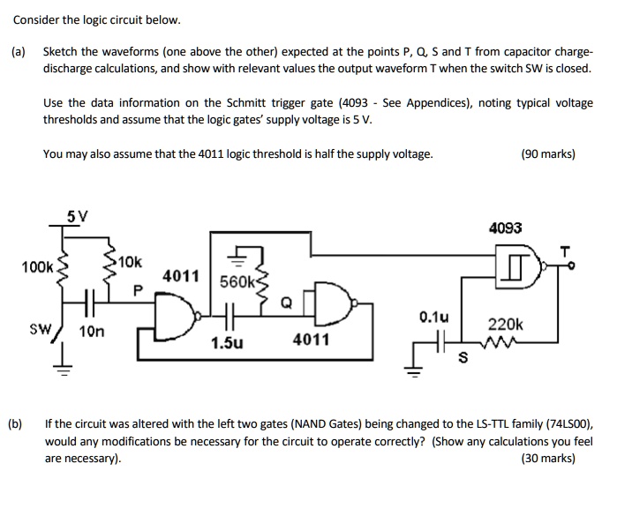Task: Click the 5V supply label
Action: tap(78, 214)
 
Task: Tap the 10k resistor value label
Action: tap(129, 262)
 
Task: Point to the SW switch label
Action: tap(41, 329)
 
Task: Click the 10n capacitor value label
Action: tap(92, 332)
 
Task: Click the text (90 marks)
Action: tap(548, 153)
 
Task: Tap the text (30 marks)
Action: tap(548, 458)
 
